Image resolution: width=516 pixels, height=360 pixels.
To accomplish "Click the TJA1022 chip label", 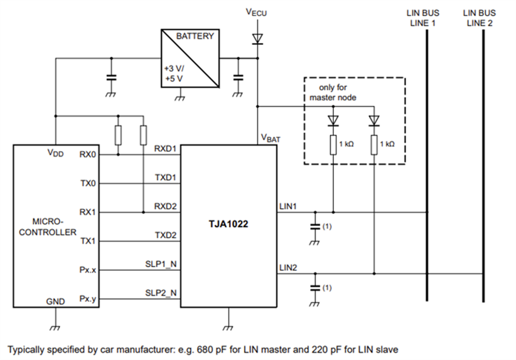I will pyautogui.click(x=228, y=223).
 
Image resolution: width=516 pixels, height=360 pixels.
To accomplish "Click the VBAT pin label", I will pyautogui.click(x=271, y=138).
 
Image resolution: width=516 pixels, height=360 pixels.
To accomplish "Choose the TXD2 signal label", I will pyautogui.click(x=165, y=235).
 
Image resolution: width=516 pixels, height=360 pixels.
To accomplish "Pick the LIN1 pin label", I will pyautogui.click(x=288, y=206).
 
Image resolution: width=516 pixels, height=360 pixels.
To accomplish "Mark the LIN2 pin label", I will pyautogui.click(x=288, y=267).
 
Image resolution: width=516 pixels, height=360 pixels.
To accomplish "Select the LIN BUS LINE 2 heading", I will pyautogui.click(x=480, y=18).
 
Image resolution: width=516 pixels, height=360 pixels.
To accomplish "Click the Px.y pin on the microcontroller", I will pyautogui.click(x=88, y=298).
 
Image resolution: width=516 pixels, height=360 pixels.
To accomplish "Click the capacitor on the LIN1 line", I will pyautogui.click(x=314, y=225).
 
